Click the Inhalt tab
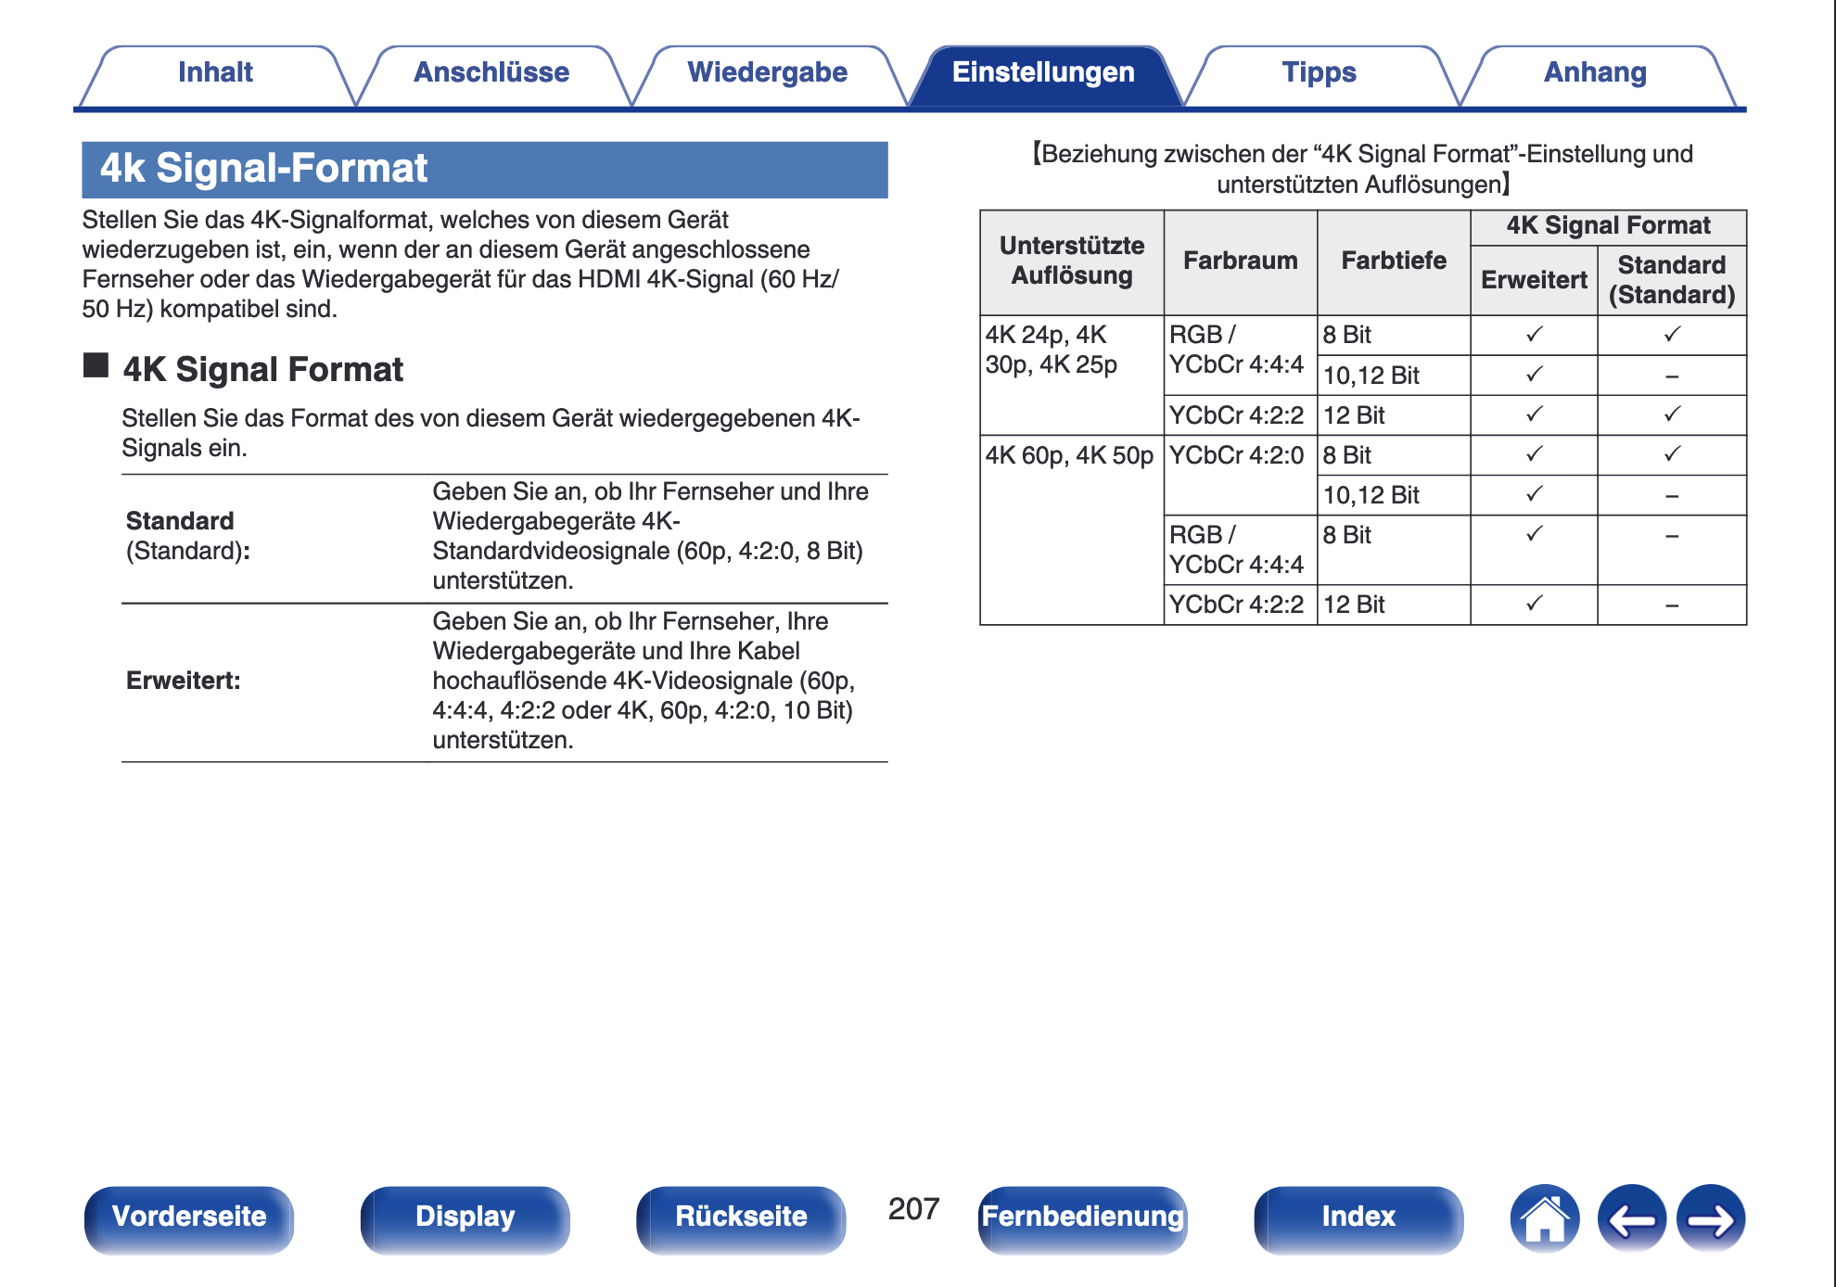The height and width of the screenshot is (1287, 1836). pyautogui.click(x=215, y=73)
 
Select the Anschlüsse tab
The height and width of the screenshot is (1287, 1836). pyautogui.click(x=491, y=73)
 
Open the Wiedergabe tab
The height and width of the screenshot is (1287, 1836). pyautogui.click(x=767, y=73)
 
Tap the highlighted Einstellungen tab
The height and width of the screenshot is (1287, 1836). pyautogui.click(x=1043, y=73)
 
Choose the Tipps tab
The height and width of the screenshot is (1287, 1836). pyautogui.click(x=1319, y=73)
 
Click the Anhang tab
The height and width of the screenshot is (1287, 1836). pyautogui.click(x=1595, y=73)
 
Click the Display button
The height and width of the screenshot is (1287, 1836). pyautogui.click(x=465, y=1217)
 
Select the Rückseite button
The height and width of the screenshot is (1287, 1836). pyautogui.click(x=741, y=1217)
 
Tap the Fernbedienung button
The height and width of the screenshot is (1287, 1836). pyautogui.click(x=1082, y=1217)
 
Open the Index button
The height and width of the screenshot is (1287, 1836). pyautogui.click(x=1358, y=1217)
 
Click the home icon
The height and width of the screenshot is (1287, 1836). pyautogui.click(x=1544, y=1218)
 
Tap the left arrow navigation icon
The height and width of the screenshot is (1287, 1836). pyautogui.click(x=1631, y=1218)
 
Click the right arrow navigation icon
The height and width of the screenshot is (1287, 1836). pyautogui.click(x=1711, y=1218)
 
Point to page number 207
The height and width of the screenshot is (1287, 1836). pyautogui.click(x=913, y=1209)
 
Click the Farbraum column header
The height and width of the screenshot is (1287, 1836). pyautogui.click(x=1240, y=261)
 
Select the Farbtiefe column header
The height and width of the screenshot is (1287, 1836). pyautogui.click(x=1393, y=261)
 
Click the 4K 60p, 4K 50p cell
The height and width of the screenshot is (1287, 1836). pyautogui.click(x=1069, y=456)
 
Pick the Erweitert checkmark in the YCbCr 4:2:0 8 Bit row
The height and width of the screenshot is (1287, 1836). pyautogui.click(x=1534, y=454)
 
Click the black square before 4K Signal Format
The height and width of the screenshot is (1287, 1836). pyautogui.click(x=96, y=365)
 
